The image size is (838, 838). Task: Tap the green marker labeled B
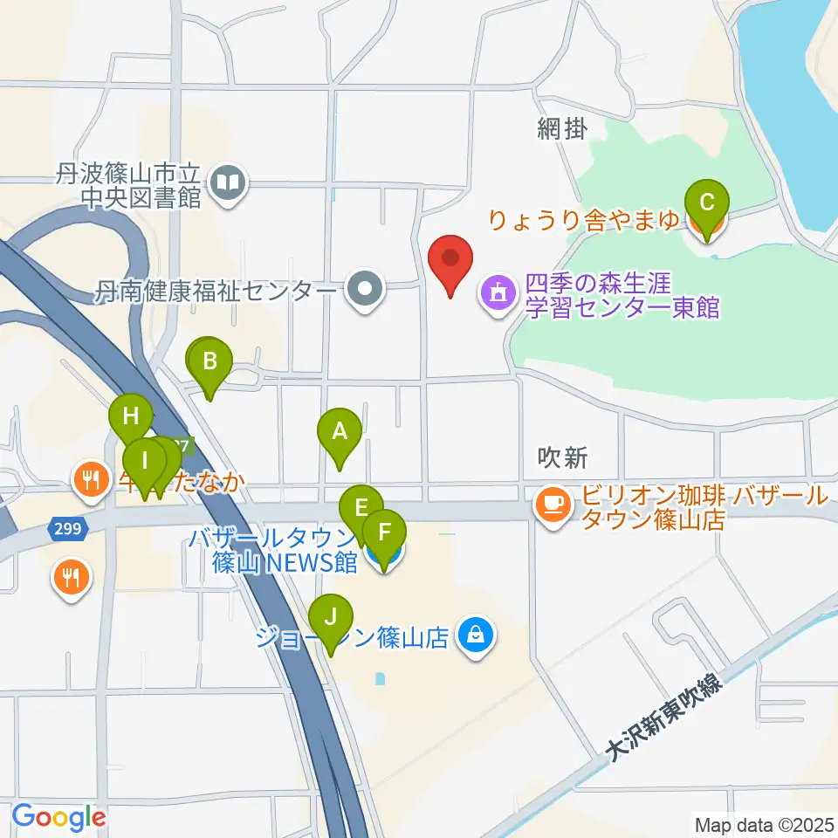209,361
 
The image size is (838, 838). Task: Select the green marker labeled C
707,203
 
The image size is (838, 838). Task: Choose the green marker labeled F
384,530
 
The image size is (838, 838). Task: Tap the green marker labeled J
330,618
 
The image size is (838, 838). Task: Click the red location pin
450,259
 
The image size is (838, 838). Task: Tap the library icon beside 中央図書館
230,184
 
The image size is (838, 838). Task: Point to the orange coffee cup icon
552,503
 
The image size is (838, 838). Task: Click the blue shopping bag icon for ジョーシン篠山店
477,636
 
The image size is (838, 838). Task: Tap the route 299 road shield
66,529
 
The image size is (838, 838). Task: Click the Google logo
58,817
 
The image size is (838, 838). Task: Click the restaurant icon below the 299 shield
70,577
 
